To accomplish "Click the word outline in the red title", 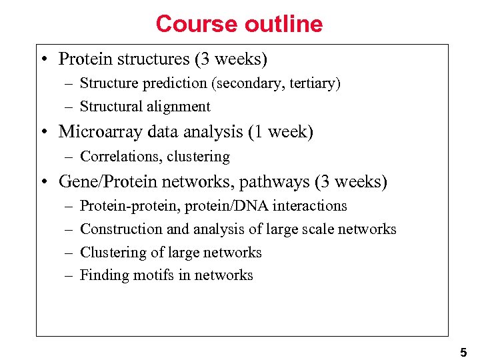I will pos(283,24).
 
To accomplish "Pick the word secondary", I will pos(245,83).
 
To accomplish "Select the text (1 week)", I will pos(280,131).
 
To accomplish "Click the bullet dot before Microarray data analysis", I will pos(43,132).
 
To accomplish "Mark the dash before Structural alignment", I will pos(69,107).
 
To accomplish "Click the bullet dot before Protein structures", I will pos(43,59).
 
